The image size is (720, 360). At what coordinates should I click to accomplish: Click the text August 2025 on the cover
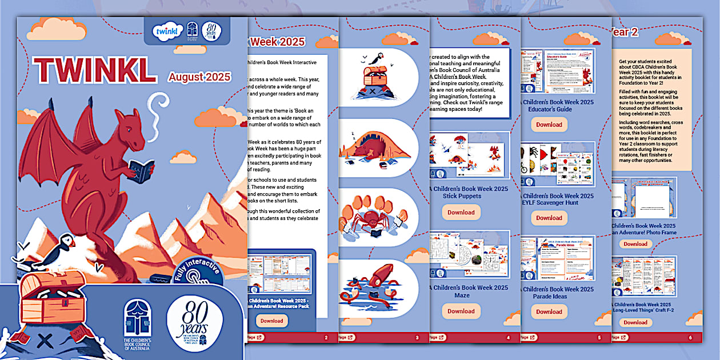point(199,77)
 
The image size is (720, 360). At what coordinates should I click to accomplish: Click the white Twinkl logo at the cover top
point(167,31)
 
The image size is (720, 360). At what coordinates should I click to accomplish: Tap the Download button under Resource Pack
point(271,321)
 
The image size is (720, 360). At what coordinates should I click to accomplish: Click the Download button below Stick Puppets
point(461,212)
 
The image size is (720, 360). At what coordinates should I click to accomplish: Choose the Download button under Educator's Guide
point(549,125)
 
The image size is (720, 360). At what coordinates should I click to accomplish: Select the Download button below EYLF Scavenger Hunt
point(549,218)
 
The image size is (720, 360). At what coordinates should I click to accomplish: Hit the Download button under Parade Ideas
point(549,311)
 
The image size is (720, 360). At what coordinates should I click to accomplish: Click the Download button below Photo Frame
point(635,244)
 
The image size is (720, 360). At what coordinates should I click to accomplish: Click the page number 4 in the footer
point(508,338)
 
